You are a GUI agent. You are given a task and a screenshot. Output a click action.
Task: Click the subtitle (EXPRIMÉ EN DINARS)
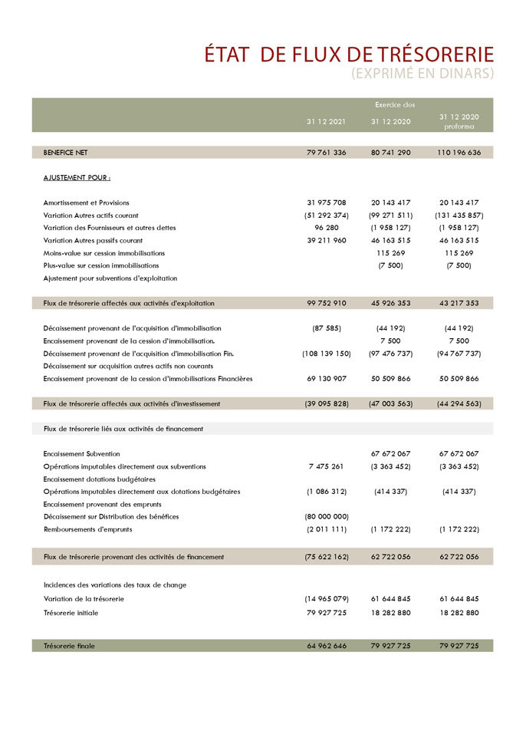point(422,74)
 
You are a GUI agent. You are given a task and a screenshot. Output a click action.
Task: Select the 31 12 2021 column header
point(327,121)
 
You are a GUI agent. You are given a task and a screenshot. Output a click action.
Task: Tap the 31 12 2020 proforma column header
point(459,121)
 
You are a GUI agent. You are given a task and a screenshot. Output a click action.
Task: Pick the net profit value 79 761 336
point(327,153)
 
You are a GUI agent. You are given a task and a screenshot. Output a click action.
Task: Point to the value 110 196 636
point(459,153)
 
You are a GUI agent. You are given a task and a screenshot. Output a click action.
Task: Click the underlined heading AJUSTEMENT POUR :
point(77,178)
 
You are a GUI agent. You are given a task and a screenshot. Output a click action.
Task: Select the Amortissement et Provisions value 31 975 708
point(327,202)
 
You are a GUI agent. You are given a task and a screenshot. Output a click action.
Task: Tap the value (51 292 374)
point(327,216)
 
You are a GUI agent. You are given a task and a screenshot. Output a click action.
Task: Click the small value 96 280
point(327,228)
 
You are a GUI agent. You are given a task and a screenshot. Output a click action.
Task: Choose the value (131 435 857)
point(459,216)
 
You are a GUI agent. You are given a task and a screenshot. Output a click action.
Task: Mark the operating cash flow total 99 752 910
point(327,303)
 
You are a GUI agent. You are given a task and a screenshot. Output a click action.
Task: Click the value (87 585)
point(327,328)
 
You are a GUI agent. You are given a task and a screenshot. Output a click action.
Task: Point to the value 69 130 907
point(327,378)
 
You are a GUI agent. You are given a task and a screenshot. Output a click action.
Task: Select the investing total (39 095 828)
point(327,403)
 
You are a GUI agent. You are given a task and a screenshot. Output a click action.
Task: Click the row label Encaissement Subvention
point(81,454)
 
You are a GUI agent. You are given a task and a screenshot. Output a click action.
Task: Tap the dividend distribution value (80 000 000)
point(327,517)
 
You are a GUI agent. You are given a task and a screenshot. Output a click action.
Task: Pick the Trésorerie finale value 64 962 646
point(327,646)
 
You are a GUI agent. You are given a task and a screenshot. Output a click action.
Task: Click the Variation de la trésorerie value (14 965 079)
point(327,598)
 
